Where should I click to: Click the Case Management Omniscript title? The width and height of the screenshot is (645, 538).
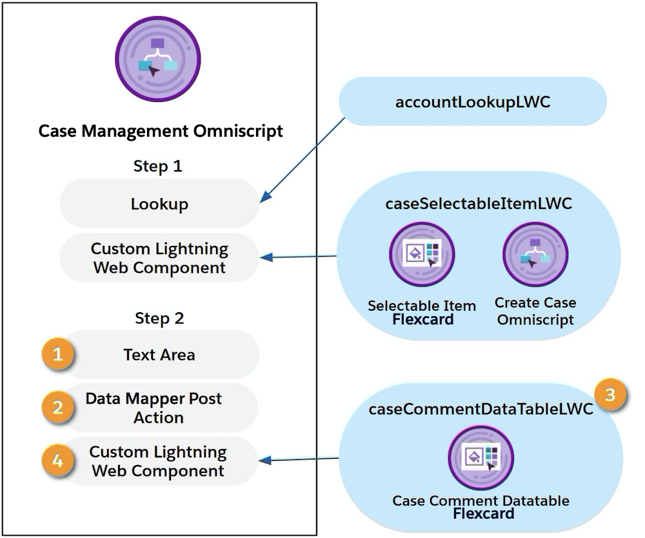pyautogui.click(x=161, y=131)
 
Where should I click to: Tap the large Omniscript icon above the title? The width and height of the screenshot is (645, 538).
pyautogui.click(x=158, y=59)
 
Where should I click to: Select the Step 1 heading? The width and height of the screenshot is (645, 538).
pyautogui.click(x=158, y=166)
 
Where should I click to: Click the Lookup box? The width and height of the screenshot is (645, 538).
pyautogui.click(x=159, y=203)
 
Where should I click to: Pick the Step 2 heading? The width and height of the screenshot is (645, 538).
pyautogui.click(x=159, y=319)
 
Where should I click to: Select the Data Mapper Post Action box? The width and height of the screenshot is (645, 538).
pyautogui.click(x=159, y=408)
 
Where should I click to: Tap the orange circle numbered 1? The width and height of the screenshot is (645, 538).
pyautogui.click(x=58, y=354)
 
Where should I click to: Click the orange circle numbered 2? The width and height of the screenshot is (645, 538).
pyautogui.click(x=58, y=407)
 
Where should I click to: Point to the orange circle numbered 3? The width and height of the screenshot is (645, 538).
pyautogui.click(x=610, y=394)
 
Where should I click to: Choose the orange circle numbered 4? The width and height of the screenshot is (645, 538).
pyautogui.click(x=58, y=460)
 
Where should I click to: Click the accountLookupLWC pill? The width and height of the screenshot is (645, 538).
pyautogui.click(x=473, y=101)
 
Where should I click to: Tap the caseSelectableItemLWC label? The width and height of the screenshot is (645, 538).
pyautogui.click(x=479, y=204)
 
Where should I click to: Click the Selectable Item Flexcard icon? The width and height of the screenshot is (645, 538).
pyautogui.click(x=422, y=254)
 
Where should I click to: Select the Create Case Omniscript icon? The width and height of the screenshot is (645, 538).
pyautogui.click(x=535, y=254)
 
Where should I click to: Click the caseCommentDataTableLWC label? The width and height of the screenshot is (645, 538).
pyautogui.click(x=481, y=409)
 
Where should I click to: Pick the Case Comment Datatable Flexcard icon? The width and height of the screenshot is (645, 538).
pyautogui.click(x=481, y=457)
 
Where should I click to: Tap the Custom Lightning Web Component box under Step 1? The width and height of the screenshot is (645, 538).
pyautogui.click(x=159, y=258)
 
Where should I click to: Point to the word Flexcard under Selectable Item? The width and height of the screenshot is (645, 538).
pyautogui.click(x=423, y=319)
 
